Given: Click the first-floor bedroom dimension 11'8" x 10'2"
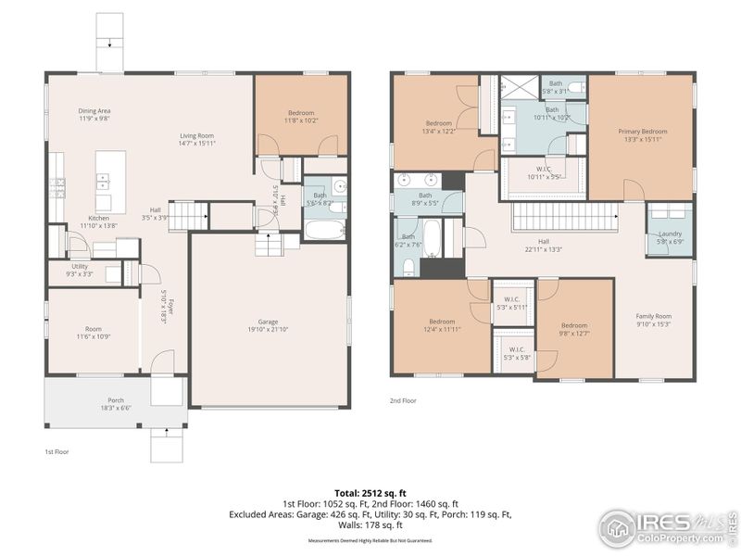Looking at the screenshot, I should (x=300, y=120).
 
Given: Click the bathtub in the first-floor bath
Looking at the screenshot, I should (x=324, y=228).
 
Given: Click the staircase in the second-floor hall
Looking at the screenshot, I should (x=564, y=218).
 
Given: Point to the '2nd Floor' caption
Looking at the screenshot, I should (x=403, y=401).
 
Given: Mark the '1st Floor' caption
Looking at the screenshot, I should (x=57, y=451).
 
